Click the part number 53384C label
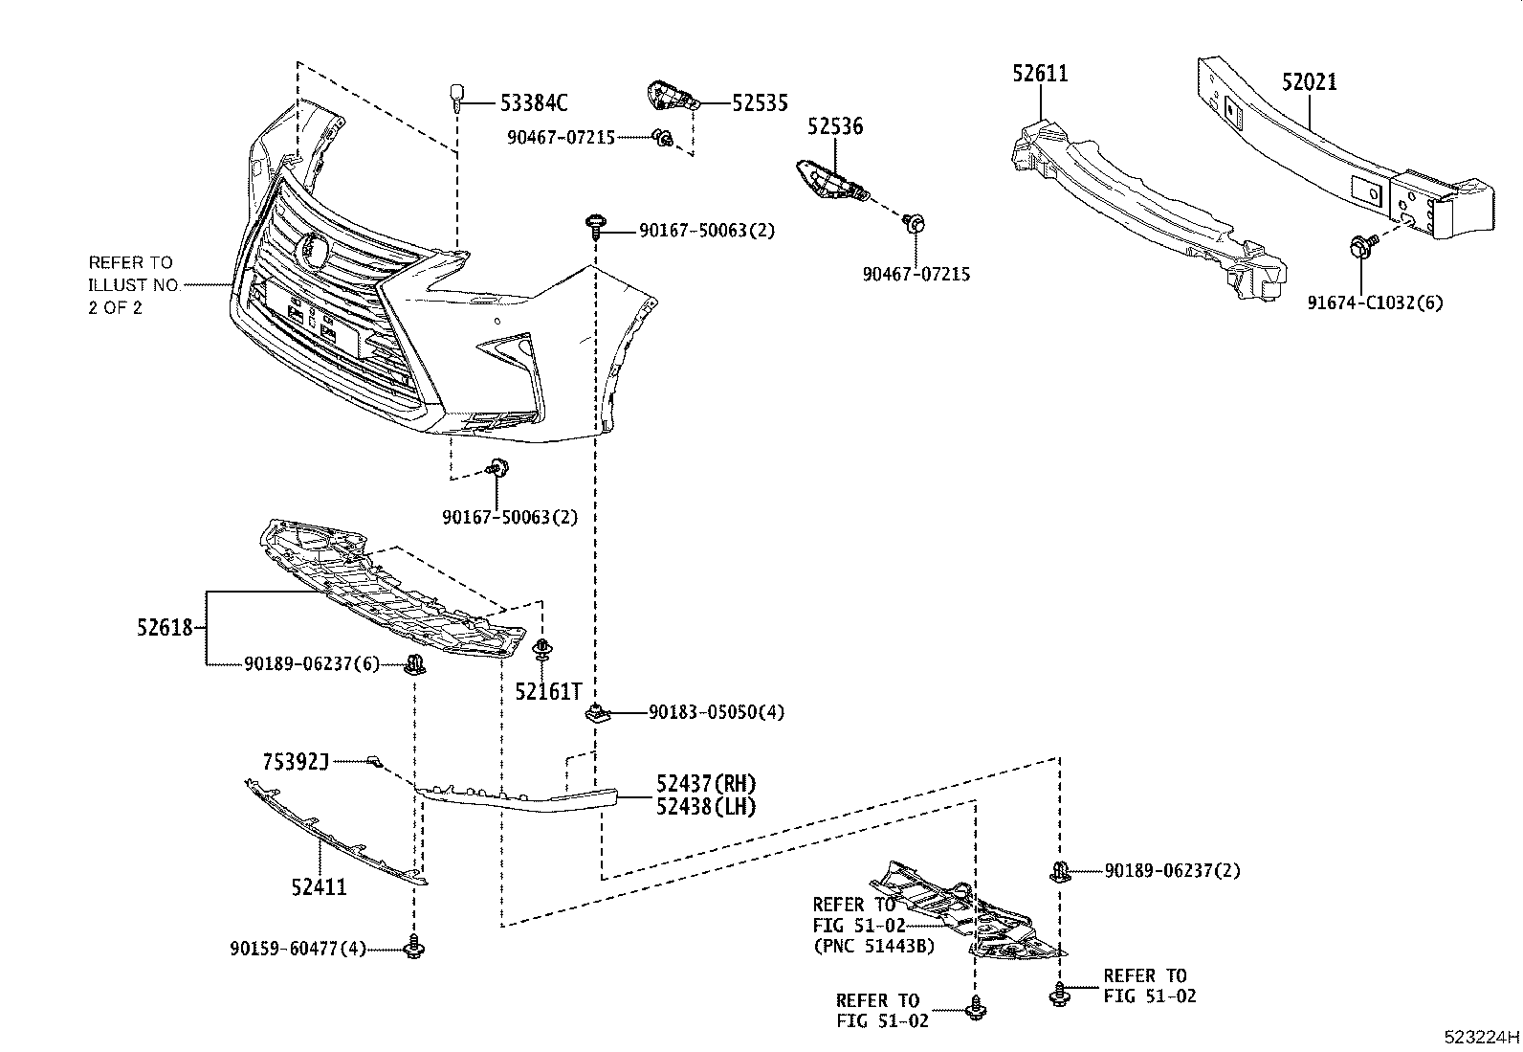534,101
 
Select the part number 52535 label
761,102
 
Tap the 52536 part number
833,126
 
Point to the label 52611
1040,73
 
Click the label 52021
1309,82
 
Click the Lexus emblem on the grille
312,249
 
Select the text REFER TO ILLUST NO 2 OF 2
132,285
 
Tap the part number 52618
165,629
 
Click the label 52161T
548,691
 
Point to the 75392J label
296,762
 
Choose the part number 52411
319,887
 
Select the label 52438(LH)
706,807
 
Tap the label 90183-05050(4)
716,712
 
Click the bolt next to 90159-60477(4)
414,948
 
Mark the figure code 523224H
1482,1037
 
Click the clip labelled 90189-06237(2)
1059,871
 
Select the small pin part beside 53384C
457,97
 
